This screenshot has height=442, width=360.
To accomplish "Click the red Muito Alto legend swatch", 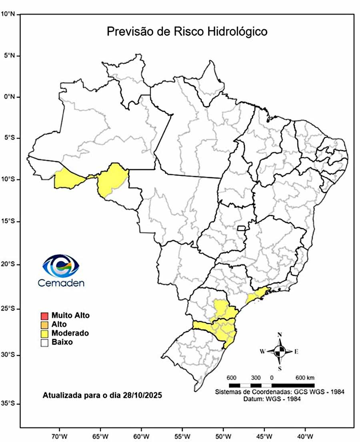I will coord(44,315).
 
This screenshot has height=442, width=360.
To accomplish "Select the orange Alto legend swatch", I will coord(44,324).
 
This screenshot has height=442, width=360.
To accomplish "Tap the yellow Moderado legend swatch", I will coord(44,333).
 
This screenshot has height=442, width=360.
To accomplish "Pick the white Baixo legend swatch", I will coord(44,342).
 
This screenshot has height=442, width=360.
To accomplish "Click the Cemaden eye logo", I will coord(61,265).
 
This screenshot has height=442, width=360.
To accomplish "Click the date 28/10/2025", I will coord(143,395).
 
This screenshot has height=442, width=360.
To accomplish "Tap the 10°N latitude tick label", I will coord(8,14).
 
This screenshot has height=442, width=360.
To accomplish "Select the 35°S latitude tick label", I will coord(8,404).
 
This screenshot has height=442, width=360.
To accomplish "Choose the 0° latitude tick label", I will coord(9,96).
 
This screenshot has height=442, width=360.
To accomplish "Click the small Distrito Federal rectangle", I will coord(241,228).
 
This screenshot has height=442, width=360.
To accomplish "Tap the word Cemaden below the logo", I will coord(61,283).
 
